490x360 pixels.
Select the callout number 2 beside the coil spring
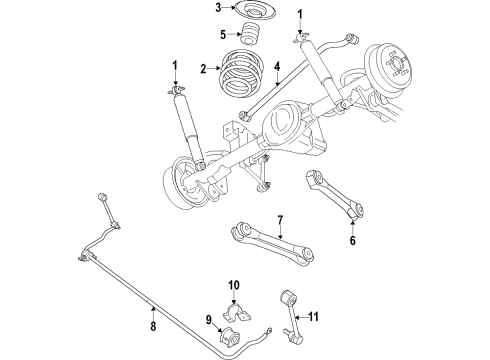click(x=203, y=70)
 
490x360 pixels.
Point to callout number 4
click(x=275, y=68)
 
